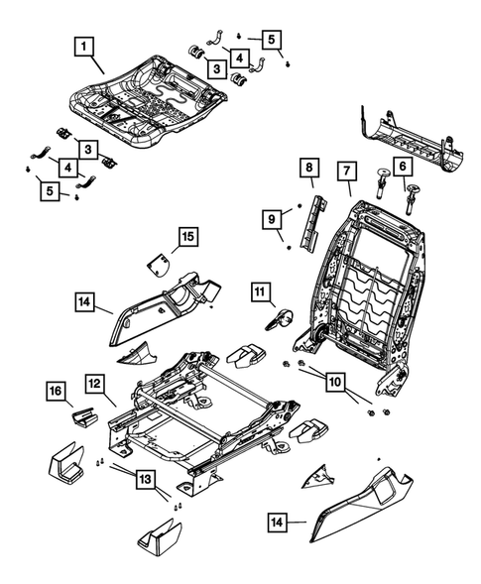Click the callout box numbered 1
[x=86, y=46]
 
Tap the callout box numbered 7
[x=345, y=172]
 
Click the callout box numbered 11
[x=260, y=292]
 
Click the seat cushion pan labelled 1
[x=149, y=89]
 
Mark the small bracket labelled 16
[x=83, y=414]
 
